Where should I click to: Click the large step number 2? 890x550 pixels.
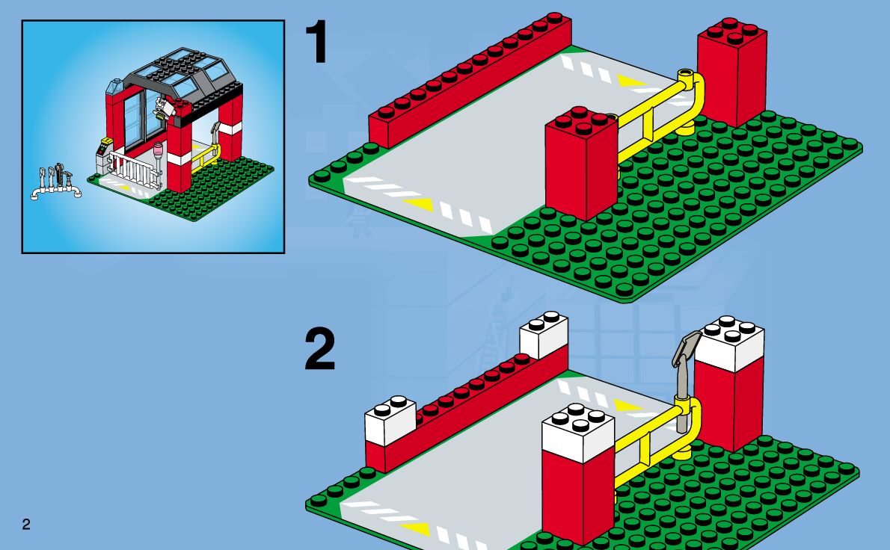click(319, 350)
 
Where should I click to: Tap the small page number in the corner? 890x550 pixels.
click(26, 525)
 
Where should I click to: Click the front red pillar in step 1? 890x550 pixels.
click(581, 164)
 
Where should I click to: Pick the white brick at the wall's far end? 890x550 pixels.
click(544, 334)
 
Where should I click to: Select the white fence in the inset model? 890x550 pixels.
click(135, 170)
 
